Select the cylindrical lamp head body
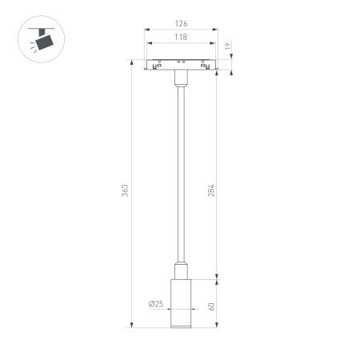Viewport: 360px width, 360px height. coord(180,300)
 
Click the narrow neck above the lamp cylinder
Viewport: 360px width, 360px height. coord(180,267)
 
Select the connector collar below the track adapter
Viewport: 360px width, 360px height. coord(180,80)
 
